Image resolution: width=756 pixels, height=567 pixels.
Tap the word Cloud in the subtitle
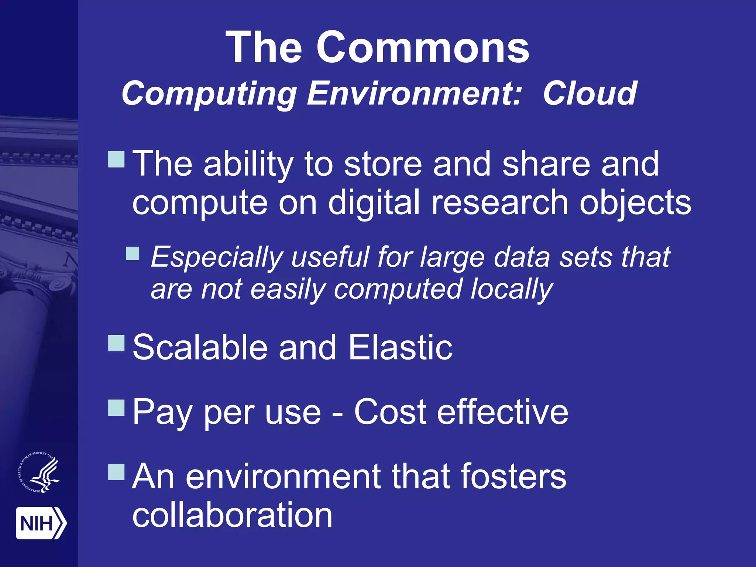[x=590, y=94]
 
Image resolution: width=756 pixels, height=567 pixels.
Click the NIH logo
[x=41, y=523]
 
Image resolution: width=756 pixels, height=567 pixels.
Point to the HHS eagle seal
[x=39, y=472]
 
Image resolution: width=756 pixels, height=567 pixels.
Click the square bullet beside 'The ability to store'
[x=116, y=159]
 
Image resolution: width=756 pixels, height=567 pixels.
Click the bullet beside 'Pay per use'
[x=116, y=407]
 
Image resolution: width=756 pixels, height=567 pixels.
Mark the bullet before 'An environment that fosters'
[x=116, y=471]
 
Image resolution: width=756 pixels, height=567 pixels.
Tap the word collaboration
[x=232, y=515]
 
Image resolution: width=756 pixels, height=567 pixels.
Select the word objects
[x=635, y=203]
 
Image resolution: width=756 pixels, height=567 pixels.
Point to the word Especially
[x=217, y=257]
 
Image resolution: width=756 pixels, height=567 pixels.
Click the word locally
[x=512, y=290]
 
